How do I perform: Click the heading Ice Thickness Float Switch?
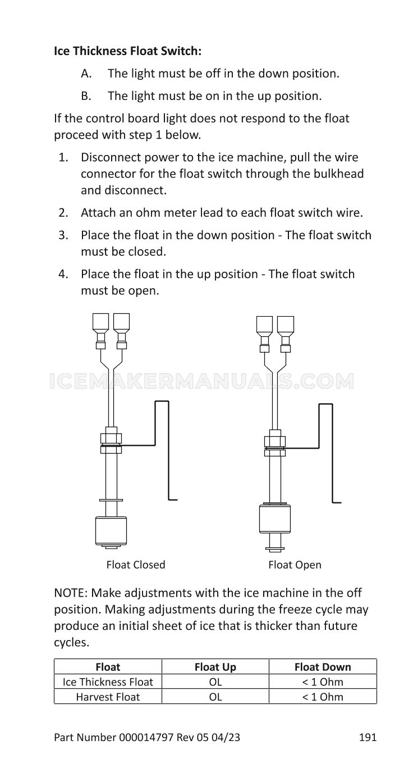click(127, 51)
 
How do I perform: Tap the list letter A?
click(86, 74)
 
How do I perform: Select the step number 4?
click(63, 274)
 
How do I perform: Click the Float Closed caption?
click(136, 564)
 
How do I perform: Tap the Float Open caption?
click(295, 564)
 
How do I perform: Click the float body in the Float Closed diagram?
click(111, 531)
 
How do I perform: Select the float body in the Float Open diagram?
click(275, 518)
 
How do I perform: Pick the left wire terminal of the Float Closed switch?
click(101, 331)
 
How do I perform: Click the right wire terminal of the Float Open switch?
click(286, 334)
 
